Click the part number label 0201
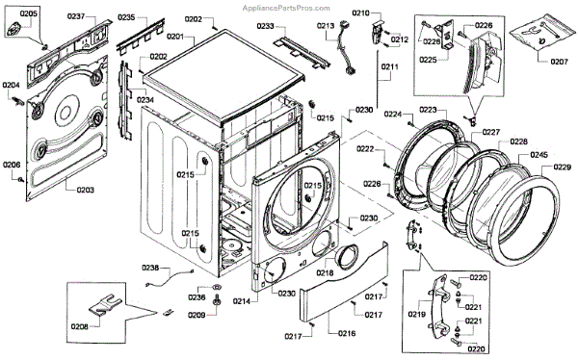click(x=175, y=37)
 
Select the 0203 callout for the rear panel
click(x=85, y=190)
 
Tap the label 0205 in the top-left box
click(x=28, y=13)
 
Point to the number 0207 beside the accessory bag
click(x=559, y=62)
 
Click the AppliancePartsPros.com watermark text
click(x=286, y=8)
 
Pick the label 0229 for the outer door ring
click(x=563, y=167)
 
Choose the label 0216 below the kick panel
click(x=347, y=333)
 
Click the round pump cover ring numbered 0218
click(x=346, y=257)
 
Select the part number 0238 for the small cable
click(x=150, y=268)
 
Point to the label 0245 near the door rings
click(x=539, y=155)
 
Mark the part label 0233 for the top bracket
click(x=266, y=26)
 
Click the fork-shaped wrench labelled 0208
click(x=106, y=304)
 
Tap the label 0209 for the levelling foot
click(x=197, y=315)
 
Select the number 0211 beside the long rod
click(x=389, y=66)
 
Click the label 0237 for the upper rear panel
click(x=76, y=16)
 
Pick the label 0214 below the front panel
click(x=242, y=301)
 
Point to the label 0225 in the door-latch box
click(x=428, y=60)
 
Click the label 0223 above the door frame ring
click(x=428, y=110)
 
